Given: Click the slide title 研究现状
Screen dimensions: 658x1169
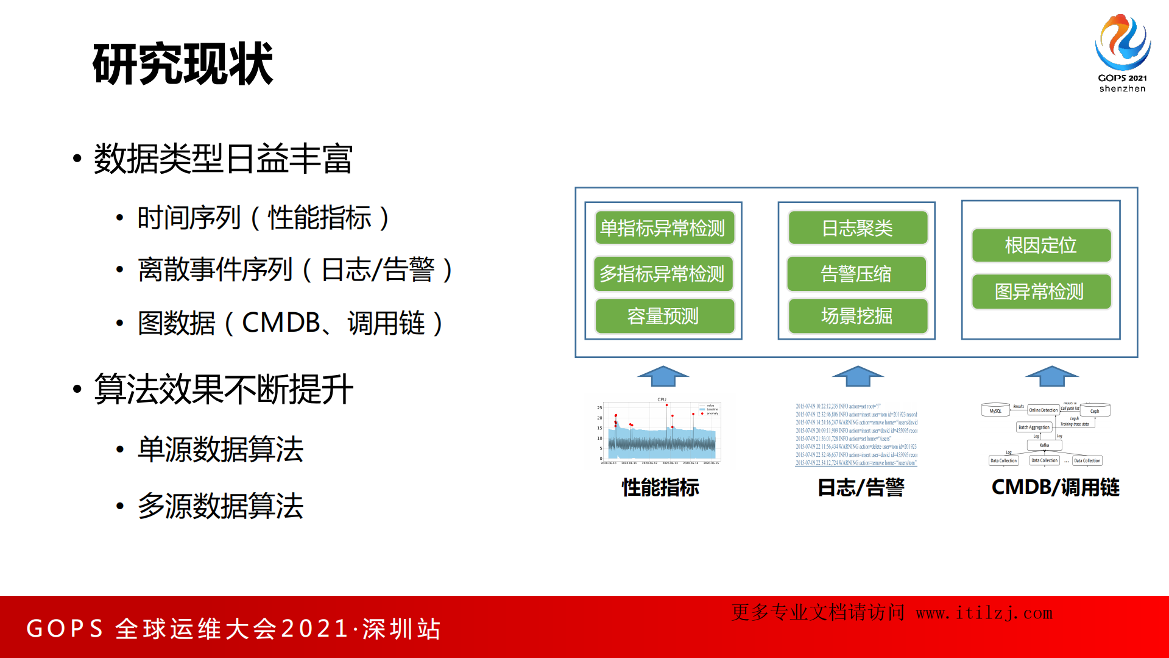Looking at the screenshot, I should coord(183,63).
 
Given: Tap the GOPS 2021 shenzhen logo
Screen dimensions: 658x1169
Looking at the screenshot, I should coord(1122,53).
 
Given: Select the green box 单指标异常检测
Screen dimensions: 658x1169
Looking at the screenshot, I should coord(664,228).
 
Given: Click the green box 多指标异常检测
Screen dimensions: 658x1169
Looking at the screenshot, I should coord(663,274).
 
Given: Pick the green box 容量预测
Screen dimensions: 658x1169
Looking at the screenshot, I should coord(664,316).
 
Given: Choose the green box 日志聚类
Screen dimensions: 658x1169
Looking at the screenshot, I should coord(857,228).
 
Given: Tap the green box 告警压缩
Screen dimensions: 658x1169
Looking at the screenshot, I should coord(856,274).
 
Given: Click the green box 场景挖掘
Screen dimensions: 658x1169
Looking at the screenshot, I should coord(857,316).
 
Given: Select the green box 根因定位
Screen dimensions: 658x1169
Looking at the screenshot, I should coord(1040,245).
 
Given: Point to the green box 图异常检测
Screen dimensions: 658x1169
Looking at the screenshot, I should coord(1040,291).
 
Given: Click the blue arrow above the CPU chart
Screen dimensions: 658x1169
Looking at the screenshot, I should coord(663,376).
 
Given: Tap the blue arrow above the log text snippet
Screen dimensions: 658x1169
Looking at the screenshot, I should coord(857,376).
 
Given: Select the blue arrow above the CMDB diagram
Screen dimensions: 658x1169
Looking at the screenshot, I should coord(1051,376).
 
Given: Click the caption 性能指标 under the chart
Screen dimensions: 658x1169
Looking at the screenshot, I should coord(660,487).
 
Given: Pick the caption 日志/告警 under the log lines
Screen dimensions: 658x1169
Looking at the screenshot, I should coord(860,487).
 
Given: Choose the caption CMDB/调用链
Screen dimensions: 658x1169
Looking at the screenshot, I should coord(1055,487).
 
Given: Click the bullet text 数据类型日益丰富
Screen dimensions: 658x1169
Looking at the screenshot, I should coord(223,159).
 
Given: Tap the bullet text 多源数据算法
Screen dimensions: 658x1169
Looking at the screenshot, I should coord(221,506).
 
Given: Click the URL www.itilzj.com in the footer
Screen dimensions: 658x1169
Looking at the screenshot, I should coord(984,613).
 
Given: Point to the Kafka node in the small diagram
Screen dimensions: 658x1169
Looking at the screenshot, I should coord(1044,445).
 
